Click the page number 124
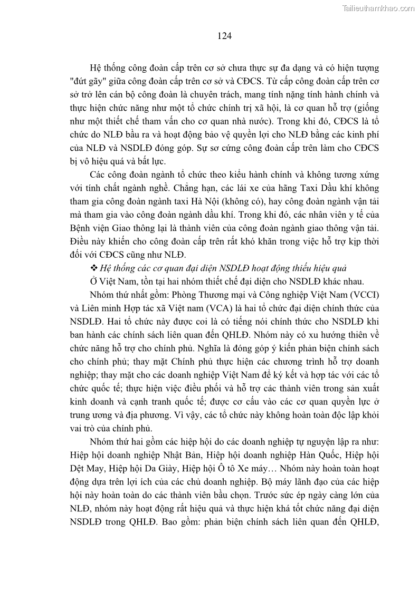224,36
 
